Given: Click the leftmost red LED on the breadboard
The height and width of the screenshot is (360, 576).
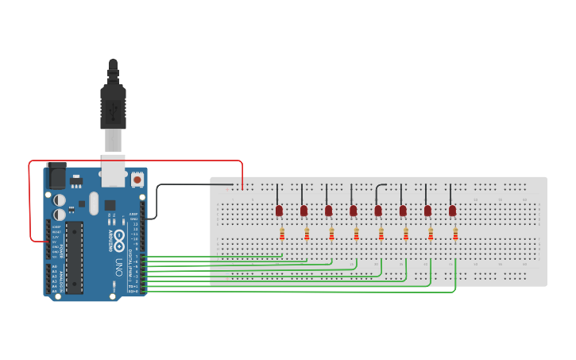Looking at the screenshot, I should (279, 211).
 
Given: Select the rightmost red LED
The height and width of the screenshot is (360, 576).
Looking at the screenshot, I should (452, 211).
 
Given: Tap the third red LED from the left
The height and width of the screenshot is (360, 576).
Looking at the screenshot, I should (328, 211).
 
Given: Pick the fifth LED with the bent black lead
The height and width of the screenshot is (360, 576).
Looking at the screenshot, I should (378, 211).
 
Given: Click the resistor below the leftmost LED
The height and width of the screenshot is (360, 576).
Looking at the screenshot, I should (282, 234).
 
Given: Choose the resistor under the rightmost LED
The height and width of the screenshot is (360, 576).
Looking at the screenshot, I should (455, 234).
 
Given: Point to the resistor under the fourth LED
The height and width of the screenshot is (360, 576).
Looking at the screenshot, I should (356, 234).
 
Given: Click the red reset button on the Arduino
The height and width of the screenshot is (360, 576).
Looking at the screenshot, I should (137, 180).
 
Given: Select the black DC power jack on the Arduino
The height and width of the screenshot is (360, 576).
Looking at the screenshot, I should (56, 175).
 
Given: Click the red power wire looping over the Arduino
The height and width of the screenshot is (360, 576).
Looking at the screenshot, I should (135, 161).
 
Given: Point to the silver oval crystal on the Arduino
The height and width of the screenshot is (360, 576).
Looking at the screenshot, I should (94, 201).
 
